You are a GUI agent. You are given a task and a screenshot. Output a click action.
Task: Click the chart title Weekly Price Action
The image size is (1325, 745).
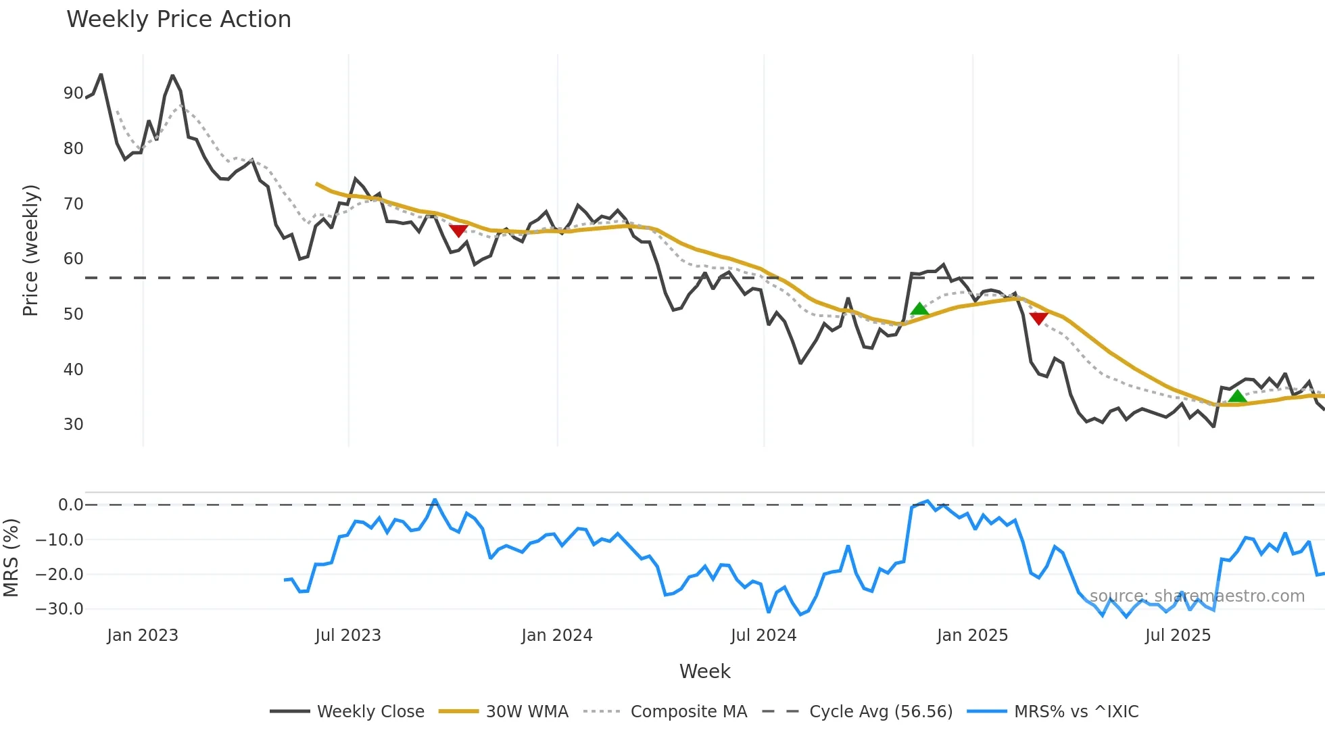pos(178,20)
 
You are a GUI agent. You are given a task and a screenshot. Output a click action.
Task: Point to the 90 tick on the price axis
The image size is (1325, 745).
pos(73,93)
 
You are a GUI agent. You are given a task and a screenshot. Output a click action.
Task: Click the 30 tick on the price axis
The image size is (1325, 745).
pos(73,425)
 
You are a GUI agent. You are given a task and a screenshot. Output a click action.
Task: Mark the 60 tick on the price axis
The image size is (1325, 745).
pos(73,259)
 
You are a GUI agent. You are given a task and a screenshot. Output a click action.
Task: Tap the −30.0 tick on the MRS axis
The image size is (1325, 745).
pos(59,609)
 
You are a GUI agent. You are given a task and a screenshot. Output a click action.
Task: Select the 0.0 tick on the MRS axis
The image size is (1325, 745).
pos(70,505)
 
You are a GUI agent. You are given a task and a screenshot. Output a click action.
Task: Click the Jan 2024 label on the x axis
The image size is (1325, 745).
pos(557,635)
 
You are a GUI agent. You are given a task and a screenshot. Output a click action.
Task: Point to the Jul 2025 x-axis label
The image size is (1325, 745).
pos(1178,635)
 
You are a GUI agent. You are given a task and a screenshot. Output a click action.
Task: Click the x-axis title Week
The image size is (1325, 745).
pos(704,671)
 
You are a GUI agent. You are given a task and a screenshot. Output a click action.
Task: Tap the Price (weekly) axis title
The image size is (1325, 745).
pos(30,250)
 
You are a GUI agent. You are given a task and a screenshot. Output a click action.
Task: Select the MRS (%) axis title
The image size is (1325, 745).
pos(11,558)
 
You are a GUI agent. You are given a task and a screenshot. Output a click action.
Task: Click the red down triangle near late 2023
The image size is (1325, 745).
pos(458,231)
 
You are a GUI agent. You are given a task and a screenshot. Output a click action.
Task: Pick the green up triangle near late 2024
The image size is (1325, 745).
pos(919,310)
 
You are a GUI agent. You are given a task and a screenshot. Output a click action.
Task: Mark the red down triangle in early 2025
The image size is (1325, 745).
pos(1038,318)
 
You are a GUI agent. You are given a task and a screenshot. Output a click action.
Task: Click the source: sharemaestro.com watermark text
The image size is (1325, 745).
pos(1197,596)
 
